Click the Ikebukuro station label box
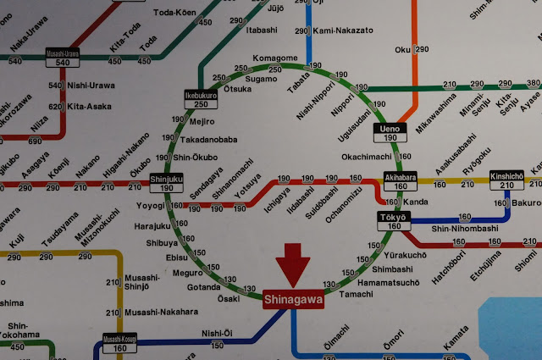202,99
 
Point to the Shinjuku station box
166,183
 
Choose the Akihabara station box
397,181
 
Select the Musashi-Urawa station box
64,58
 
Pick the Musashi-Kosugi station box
119,343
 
